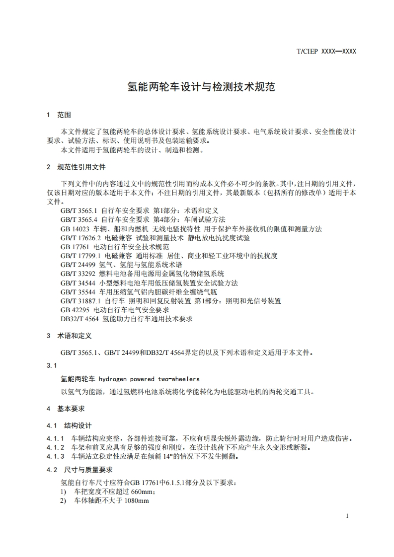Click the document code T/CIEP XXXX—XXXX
326,51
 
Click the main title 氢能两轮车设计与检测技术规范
197,87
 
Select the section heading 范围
65,115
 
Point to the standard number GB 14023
75,229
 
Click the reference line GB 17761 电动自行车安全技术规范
115,247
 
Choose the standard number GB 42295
75,310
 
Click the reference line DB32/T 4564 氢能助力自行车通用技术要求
126,319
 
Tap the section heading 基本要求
71,409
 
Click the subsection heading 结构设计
78,425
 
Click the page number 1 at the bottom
347,516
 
